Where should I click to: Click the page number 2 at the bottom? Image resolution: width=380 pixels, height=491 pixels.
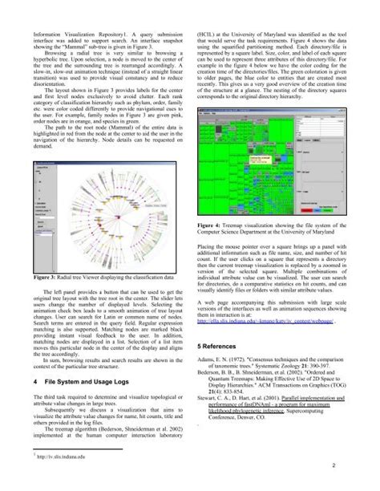365,464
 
